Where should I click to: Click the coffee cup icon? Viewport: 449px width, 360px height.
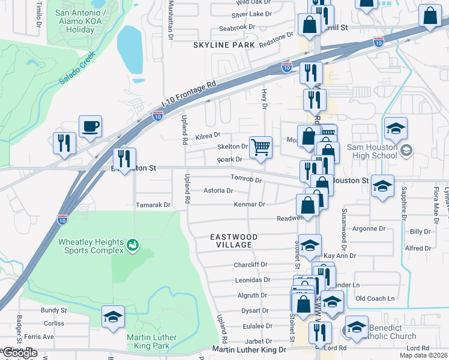click(90, 127)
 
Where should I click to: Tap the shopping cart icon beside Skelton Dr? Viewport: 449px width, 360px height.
click(261, 146)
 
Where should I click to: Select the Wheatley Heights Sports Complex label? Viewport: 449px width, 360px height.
click(91, 246)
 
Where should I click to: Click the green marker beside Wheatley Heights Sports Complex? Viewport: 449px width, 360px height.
click(133, 244)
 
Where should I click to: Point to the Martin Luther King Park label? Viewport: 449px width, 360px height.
click(152, 341)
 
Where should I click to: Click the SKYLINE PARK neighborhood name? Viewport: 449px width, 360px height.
click(220, 46)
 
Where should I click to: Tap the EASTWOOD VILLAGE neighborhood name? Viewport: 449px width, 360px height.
click(234, 241)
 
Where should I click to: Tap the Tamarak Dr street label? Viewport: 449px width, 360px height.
click(153, 205)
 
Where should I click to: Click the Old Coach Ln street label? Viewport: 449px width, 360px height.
click(375, 298)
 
